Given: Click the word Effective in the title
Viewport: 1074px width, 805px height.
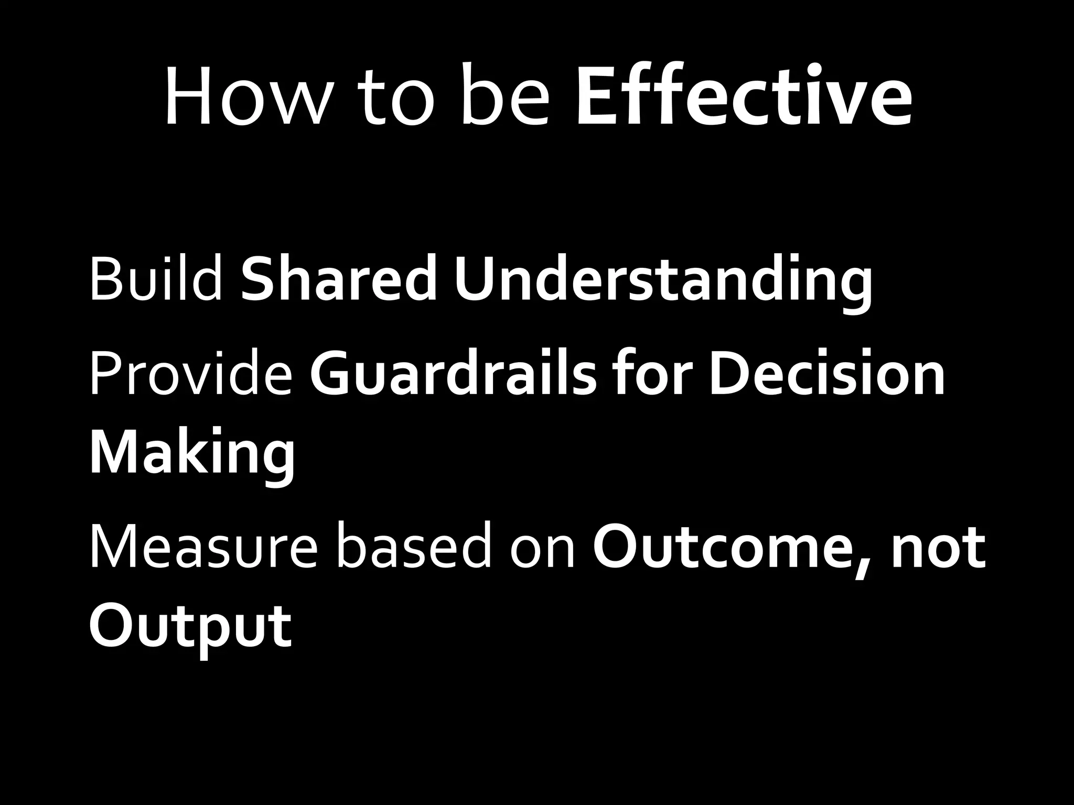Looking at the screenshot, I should [744, 97].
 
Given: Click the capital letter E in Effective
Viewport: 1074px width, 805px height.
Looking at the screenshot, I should [595, 97].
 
